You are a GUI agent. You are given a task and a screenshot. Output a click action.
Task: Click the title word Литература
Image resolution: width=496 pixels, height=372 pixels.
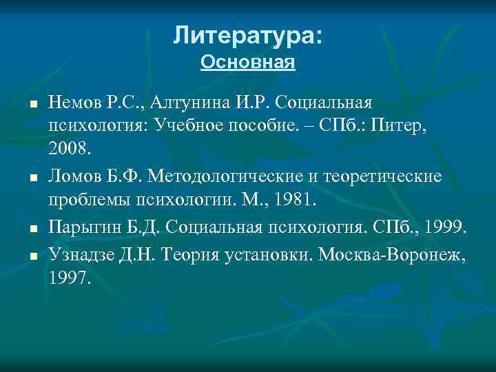(x=245, y=34)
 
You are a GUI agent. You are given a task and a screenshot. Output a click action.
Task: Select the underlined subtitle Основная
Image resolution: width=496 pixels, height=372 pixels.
(x=248, y=63)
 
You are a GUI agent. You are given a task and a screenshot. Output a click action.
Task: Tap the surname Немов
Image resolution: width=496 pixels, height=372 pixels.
(x=71, y=103)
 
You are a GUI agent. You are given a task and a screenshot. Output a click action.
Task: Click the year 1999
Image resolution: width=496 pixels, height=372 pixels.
(x=445, y=228)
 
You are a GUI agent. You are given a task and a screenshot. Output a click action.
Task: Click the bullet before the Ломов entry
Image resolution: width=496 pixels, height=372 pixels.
(x=33, y=178)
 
